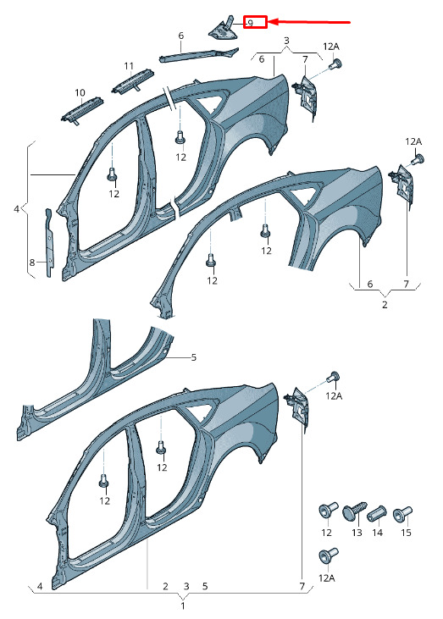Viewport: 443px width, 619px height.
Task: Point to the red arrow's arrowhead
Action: (x=275, y=22)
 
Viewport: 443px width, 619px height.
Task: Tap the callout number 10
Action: (x=80, y=93)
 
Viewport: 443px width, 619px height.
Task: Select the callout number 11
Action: (x=129, y=66)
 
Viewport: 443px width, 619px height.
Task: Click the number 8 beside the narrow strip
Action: (x=32, y=263)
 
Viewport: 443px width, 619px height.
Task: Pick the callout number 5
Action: (x=193, y=357)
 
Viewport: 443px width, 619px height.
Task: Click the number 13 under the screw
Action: (x=357, y=533)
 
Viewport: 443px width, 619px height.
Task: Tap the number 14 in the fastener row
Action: (x=378, y=533)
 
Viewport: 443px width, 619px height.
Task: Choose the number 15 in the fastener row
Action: (x=406, y=533)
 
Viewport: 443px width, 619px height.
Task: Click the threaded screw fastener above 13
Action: (x=354, y=511)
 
